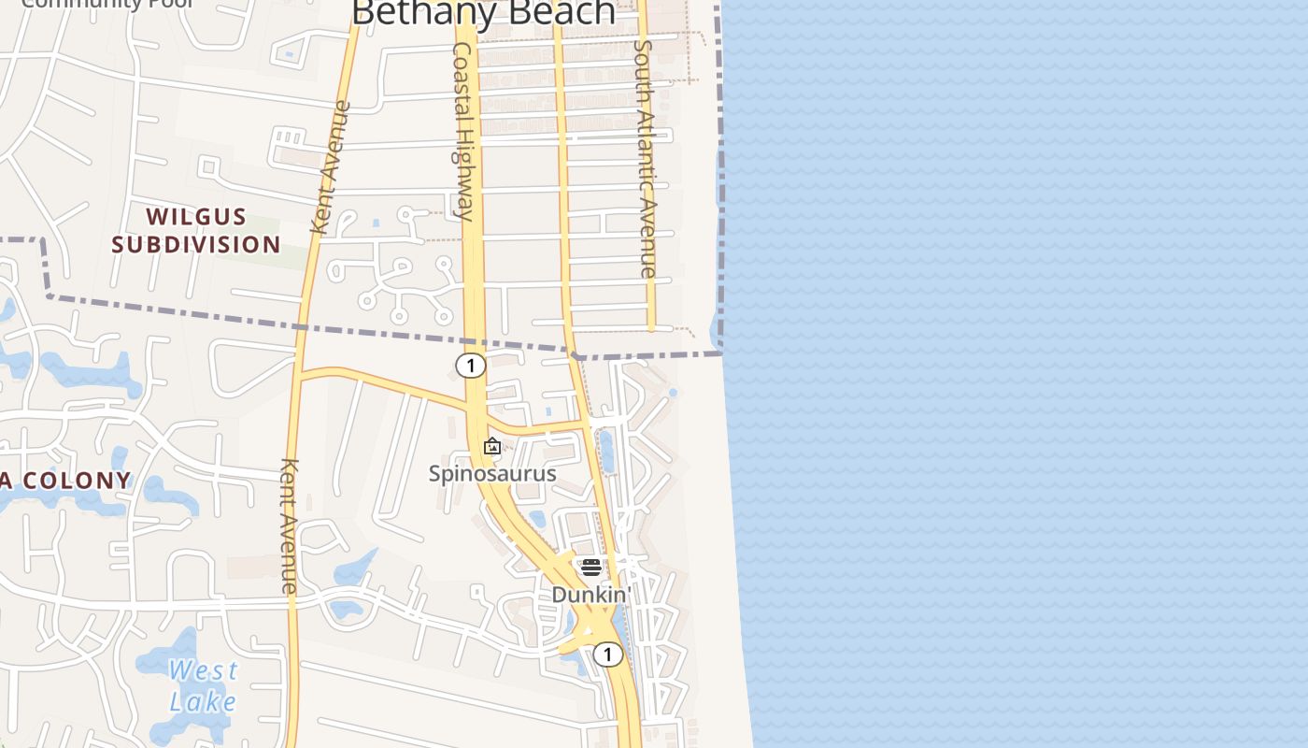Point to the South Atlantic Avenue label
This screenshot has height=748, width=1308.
pyautogui.click(x=645, y=159)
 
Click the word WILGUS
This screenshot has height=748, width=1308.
pyautogui.click(x=197, y=217)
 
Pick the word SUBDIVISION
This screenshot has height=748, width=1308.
pyautogui.click(x=196, y=245)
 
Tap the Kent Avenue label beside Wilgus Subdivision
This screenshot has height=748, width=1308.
pyautogui.click(x=330, y=167)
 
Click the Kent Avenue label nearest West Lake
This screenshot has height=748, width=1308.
pyautogui.click(x=290, y=525)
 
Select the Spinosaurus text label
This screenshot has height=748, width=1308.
pyautogui.click(x=492, y=473)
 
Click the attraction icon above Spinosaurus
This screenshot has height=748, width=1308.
pyautogui.click(x=492, y=446)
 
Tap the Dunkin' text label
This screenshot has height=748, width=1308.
pyautogui.click(x=591, y=595)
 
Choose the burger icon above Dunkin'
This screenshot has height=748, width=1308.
pyautogui.click(x=590, y=568)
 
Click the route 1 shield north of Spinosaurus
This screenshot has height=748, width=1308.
pyautogui.click(x=471, y=366)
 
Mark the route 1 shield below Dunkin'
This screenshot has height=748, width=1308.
pyautogui.click(x=607, y=654)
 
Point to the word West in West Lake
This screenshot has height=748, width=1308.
pyautogui.click(x=204, y=670)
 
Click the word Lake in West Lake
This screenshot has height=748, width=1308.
pyautogui.click(x=203, y=701)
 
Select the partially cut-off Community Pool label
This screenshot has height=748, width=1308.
pyautogui.click(x=107, y=4)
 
